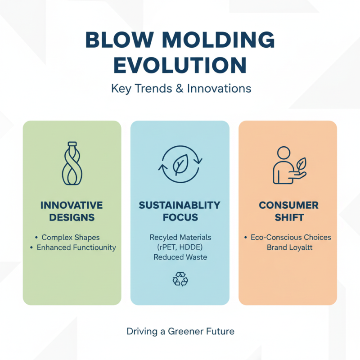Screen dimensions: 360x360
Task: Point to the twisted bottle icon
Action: (x=72, y=164)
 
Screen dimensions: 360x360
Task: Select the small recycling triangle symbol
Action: (x=180, y=279)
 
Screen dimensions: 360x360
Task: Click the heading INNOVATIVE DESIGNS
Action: (x=72, y=211)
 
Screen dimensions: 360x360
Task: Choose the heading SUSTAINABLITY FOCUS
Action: (x=180, y=211)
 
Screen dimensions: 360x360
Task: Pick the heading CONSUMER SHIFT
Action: (x=288, y=211)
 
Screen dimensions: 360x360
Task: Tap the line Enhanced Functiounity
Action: (x=76, y=247)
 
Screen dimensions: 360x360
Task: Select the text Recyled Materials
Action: (x=180, y=237)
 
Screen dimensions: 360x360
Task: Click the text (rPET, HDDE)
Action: (x=180, y=247)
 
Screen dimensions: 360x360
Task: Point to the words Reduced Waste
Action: (x=180, y=258)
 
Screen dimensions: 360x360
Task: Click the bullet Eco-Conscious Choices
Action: (x=291, y=237)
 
